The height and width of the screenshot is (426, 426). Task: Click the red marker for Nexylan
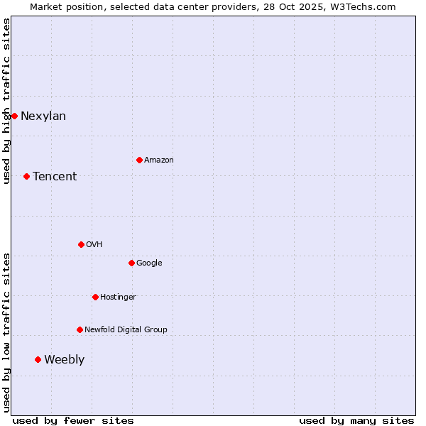click(x=14, y=116)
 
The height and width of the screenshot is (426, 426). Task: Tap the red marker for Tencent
click(x=26, y=176)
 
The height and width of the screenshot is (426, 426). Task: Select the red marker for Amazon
click(x=139, y=160)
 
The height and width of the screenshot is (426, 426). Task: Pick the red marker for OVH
click(x=81, y=244)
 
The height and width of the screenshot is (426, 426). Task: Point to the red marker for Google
click(x=131, y=263)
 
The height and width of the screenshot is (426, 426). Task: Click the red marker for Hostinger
click(x=95, y=297)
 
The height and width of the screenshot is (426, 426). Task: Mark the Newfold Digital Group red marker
click(x=80, y=329)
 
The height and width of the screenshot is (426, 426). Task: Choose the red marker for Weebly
click(x=38, y=359)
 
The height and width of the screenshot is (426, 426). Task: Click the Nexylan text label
click(x=43, y=116)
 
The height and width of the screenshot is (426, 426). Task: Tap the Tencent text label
click(x=55, y=177)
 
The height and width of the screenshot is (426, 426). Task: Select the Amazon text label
click(x=159, y=160)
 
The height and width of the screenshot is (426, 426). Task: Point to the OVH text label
click(x=94, y=245)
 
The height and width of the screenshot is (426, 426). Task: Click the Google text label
click(x=149, y=263)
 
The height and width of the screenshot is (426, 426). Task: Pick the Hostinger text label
click(x=118, y=297)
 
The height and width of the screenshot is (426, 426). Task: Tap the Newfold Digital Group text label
click(x=126, y=330)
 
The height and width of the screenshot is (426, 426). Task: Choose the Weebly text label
click(x=64, y=360)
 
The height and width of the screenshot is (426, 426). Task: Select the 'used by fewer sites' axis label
click(x=73, y=420)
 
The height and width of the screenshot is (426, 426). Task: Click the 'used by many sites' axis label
click(x=356, y=420)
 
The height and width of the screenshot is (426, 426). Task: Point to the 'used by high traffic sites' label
click(x=6, y=101)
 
